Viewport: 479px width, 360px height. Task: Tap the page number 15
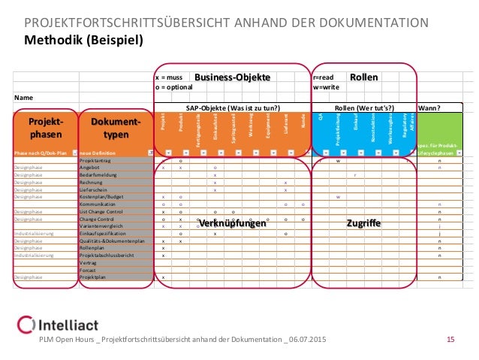(451, 340)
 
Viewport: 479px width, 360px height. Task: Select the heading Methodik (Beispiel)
(83, 40)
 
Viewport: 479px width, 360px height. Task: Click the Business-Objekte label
(232, 77)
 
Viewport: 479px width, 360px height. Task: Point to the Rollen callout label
(364, 77)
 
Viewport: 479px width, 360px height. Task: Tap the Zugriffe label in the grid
(363, 223)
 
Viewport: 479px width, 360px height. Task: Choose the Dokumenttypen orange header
(115, 128)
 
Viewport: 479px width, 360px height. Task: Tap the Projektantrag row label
(96, 160)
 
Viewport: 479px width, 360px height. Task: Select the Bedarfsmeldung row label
(98, 174)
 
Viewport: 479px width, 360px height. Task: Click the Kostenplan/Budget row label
(101, 196)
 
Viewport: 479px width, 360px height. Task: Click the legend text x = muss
(169, 77)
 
